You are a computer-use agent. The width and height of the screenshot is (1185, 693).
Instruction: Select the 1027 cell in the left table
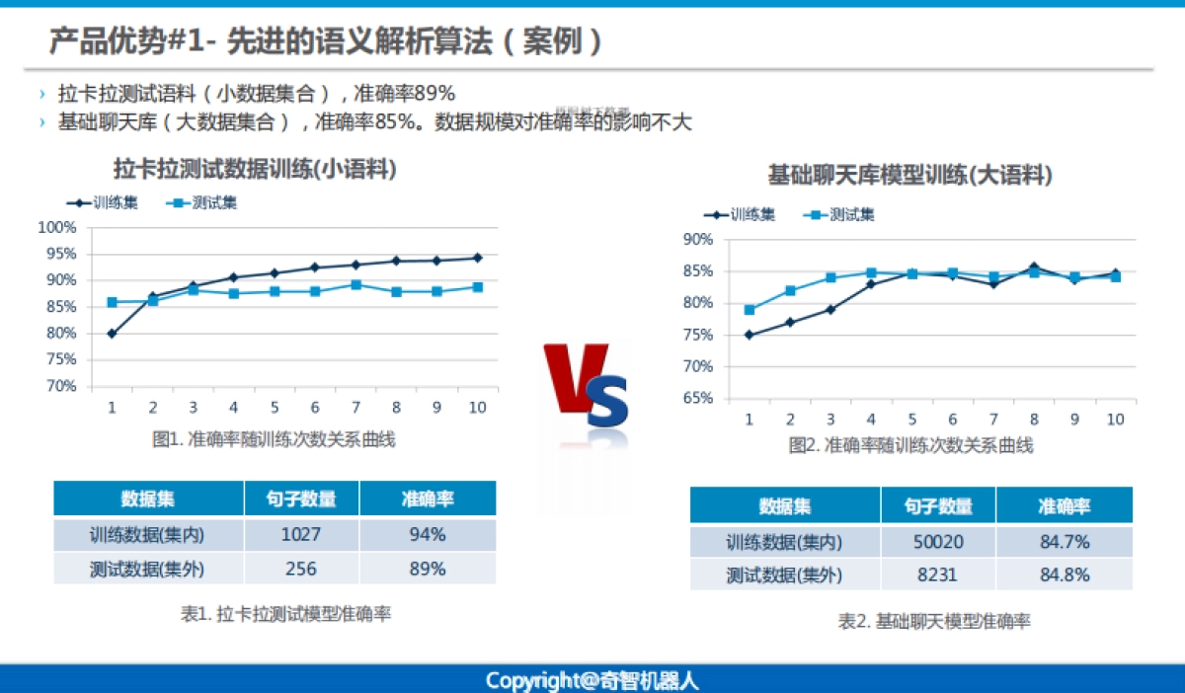coord(301,534)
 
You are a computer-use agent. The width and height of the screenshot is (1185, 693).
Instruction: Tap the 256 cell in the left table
coord(301,569)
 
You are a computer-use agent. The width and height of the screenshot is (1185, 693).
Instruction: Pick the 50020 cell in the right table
coord(938,541)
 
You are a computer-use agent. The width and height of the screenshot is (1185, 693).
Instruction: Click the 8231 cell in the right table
coord(938,576)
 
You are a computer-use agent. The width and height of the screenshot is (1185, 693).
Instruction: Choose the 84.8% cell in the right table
coord(1064,576)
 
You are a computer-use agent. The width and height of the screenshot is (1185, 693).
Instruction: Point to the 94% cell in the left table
coord(427,534)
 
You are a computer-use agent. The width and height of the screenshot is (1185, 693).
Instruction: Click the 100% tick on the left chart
coord(57,228)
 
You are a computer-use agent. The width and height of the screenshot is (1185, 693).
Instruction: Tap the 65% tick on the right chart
coord(697,399)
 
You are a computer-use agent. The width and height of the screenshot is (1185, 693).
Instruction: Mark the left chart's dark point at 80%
coord(112,334)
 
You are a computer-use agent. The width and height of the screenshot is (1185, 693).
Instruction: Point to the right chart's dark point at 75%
coord(750,335)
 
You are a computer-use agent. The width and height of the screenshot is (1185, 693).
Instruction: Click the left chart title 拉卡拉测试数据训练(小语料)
coord(256,170)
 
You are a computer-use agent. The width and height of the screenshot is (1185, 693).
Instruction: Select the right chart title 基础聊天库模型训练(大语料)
coord(909,176)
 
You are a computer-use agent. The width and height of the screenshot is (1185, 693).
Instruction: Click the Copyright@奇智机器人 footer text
coord(592,680)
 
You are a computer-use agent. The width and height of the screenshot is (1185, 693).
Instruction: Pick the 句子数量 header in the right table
coord(938,506)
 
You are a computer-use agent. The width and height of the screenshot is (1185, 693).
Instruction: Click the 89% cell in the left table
coord(427,569)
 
